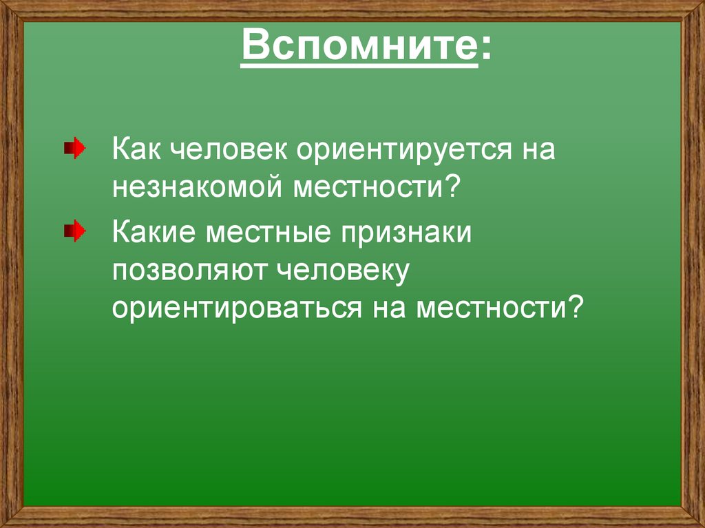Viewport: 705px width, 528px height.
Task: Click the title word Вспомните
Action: point(359,49)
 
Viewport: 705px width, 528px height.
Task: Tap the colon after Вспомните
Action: point(486,50)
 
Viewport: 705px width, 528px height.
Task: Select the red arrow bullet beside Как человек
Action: point(75,149)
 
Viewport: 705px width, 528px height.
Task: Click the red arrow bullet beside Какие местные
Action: point(75,233)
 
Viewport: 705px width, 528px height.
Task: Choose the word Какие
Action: point(153,233)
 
